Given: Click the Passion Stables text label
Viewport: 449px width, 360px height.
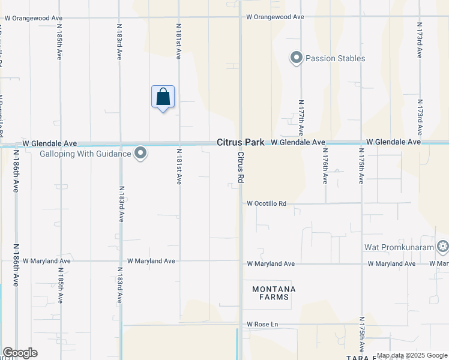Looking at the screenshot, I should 335,58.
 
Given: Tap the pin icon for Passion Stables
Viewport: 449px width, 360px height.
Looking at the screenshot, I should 296,58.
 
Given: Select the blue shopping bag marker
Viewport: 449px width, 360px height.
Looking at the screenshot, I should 163,97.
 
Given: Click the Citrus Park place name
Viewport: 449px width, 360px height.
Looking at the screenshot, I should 241,143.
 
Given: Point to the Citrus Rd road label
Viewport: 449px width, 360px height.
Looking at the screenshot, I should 240,167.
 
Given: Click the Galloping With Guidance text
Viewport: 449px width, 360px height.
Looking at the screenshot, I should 85,154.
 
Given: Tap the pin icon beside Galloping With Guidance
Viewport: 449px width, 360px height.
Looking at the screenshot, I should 140,154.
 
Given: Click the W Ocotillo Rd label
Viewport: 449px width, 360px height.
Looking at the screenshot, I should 267,203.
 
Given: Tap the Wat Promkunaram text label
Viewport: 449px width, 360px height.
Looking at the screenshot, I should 399,247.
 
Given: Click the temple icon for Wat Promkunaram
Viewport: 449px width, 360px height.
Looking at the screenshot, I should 443,246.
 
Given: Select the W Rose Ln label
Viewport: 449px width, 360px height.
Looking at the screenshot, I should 263,325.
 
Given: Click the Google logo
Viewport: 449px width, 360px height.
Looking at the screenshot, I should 20,353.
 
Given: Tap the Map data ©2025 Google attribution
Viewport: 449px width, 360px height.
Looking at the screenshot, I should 412,355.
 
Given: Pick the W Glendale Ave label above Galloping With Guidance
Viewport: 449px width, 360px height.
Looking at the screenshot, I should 50,144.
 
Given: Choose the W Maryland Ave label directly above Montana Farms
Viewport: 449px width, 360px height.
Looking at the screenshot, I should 271,263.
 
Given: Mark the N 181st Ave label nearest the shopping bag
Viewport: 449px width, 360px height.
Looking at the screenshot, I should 178,41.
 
